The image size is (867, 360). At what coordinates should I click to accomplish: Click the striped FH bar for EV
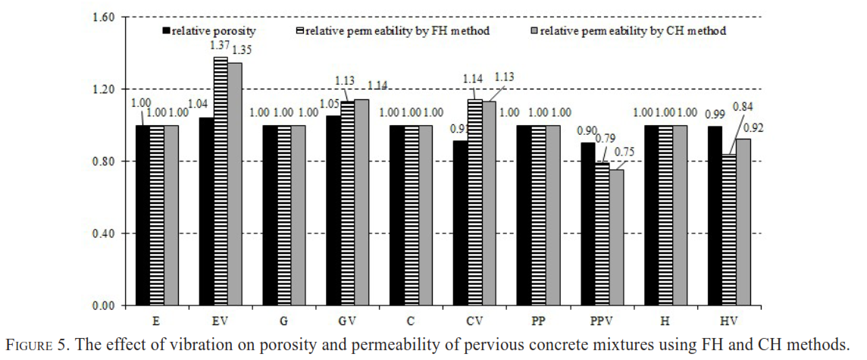(220, 181)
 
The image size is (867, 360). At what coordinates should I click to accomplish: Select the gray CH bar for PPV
(615, 237)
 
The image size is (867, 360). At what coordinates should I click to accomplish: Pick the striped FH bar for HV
(729, 230)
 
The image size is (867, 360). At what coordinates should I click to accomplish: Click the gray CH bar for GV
(362, 202)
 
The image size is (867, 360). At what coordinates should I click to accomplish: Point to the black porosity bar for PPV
(588, 224)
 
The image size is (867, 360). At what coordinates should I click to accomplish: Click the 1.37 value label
(220, 45)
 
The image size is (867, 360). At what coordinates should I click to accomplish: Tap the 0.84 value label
(743, 106)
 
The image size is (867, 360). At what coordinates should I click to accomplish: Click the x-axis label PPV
(602, 320)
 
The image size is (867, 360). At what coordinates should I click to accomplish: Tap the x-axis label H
(665, 320)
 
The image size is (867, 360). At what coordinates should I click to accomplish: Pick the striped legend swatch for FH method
(300, 31)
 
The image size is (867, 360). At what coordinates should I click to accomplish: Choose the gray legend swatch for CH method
(535, 31)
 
